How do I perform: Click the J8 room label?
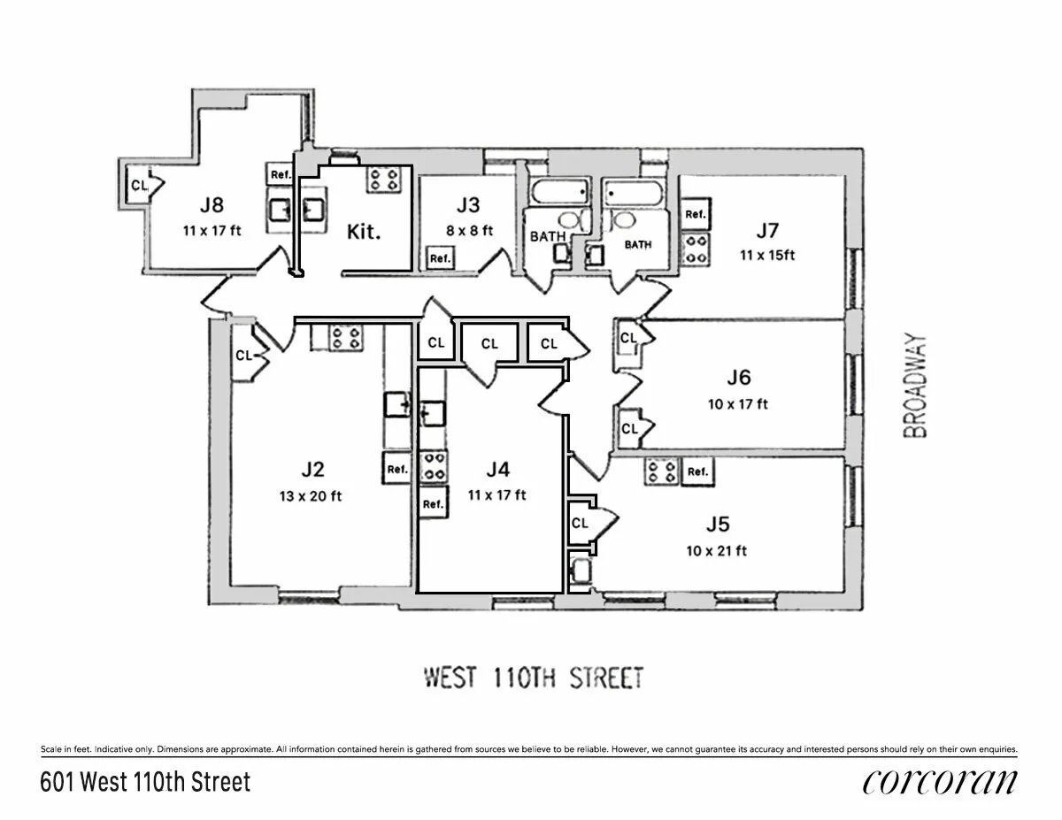click(x=211, y=205)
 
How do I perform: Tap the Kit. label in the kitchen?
click(x=363, y=234)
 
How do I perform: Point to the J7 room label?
click(x=766, y=231)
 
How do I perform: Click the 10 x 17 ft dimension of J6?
click(x=738, y=403)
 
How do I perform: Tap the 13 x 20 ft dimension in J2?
click(x=310, y=495)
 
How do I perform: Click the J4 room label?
click(x=497, y=470)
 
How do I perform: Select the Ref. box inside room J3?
click(x=440, y=258)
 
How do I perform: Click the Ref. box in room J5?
click(x=698, y=471)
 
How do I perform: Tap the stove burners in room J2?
click(x=344, y=338)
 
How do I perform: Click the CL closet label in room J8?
click(x=139, y=185)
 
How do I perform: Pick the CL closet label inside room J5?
click(x=580, y=523)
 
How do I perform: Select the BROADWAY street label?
click(x=918, y=385)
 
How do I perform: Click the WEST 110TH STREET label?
click(x=533, y=678)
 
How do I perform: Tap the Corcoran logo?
click(x=939, y=783)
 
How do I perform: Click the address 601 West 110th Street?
click(x=146, y=783)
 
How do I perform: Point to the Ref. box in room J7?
click(x=695, y=214)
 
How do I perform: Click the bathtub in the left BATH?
click(x=559, y=191)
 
